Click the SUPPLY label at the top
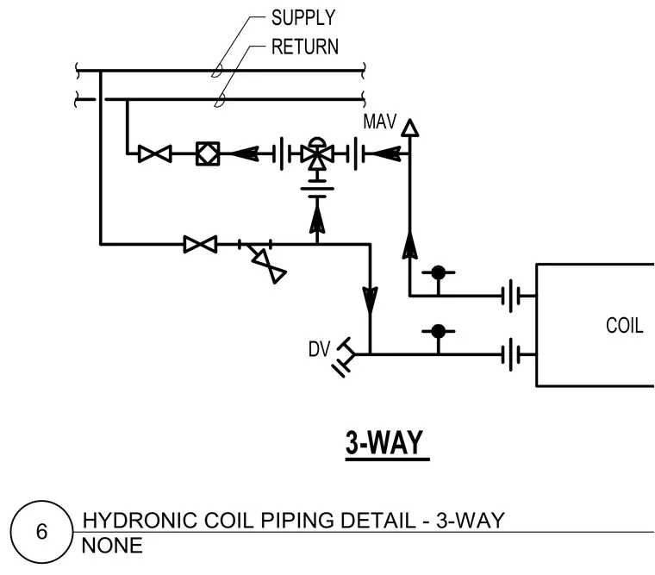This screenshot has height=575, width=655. tap(303, 18)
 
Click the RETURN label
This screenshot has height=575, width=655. tap(305, 47)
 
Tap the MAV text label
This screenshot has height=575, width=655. tap(379, 122)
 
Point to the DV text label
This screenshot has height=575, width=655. tap(319, 349)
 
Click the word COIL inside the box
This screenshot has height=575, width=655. tap(625, 326)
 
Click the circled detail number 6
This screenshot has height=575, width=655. tap(41, 532)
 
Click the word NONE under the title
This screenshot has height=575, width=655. tap(112, 546)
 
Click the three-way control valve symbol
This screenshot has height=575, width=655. tap(317, 154)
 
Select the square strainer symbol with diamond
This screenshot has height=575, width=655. tap(208, 153)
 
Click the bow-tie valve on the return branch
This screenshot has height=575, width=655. tap(154, 153)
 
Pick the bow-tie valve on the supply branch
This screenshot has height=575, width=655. tap(200, 244)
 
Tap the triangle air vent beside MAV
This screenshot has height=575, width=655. tap(409, 128)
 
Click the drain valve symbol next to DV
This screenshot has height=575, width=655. tap(344, 357)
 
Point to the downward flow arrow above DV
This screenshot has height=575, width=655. tap(370, 300)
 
